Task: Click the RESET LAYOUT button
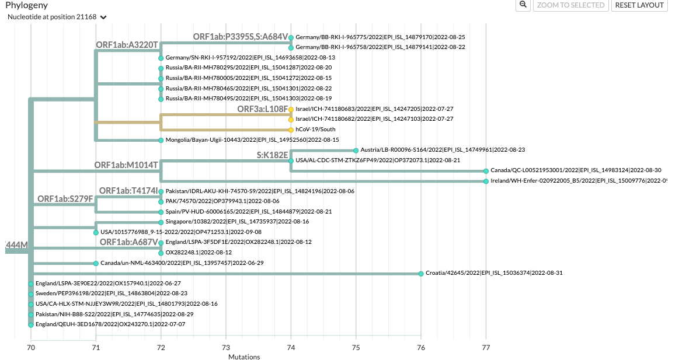(639, 5)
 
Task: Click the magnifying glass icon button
(523, 5)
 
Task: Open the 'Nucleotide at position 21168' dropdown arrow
(103, 18)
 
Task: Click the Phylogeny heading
(26, 5)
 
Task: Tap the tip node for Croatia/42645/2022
(421, 273)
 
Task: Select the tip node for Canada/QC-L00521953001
(486, 171)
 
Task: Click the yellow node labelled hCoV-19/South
(291, 130)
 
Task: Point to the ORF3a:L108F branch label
(262, 109)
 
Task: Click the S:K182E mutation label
(273, 155)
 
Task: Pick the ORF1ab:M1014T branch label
(126, 165)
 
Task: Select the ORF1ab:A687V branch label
(128, 242)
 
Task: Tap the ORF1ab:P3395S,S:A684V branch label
(241, 37)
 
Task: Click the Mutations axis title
(244, 356)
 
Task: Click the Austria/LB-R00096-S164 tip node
(356, 150)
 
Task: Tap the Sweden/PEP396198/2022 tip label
(111, 293)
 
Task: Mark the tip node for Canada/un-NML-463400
(96, 263)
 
